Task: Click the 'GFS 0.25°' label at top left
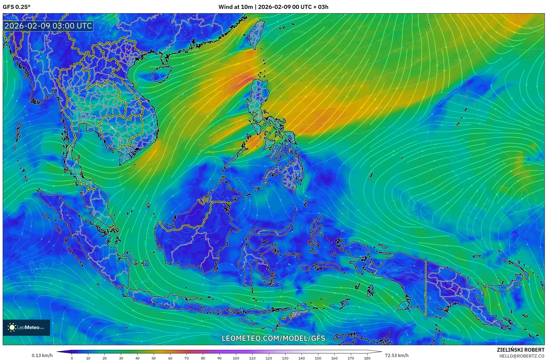pyautogui.click(x=16, y=7)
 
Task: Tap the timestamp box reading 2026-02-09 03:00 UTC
pyautogui.click(x=48, y=26)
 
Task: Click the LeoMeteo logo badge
pyautogui.click(x=26, y=327)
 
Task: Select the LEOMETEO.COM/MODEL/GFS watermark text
pyautogui.click(x=273, y=338)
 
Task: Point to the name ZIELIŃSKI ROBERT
pyautogui.click(x=520, y=350)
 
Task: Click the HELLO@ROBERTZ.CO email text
pyautogui.click(x=522, y=356)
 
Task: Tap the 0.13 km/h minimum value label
pyautogui.click(x=42, y=355)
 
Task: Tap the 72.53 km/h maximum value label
pyautogui.click(x=397, y=355)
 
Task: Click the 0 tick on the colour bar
pyautogui.click(x=72, y=358)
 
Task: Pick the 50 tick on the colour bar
pyautogui.click(x=154, y=358)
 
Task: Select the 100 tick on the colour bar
pyautogui.click(x=236, y=358)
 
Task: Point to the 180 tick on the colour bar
pyautogui.click(x=367, y=358)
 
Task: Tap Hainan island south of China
pyautogui.click(x=162, y=74)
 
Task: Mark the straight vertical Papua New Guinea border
pyautogui.click(x=426, y=288)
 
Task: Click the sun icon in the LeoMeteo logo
pyautogui.click(x=12, y=327)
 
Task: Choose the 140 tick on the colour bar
pyautogui.click(x=301, y=358)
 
